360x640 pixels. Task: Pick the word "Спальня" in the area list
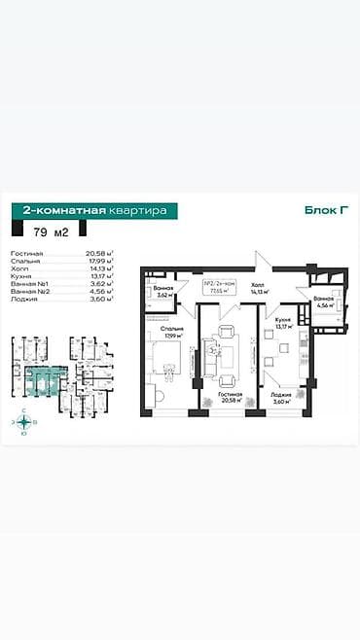point(25,261)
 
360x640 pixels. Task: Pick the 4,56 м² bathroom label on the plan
point(324,301)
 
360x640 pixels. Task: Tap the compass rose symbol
point(18,421)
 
